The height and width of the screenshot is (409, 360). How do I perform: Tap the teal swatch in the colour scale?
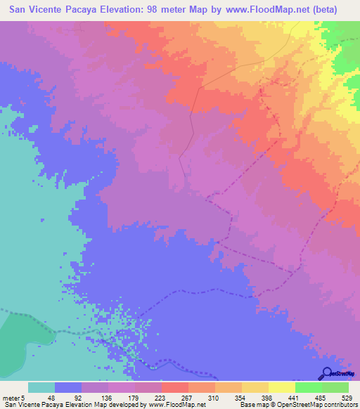pos(41,387)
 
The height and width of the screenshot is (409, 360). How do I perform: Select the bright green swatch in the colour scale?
pos(309,387)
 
